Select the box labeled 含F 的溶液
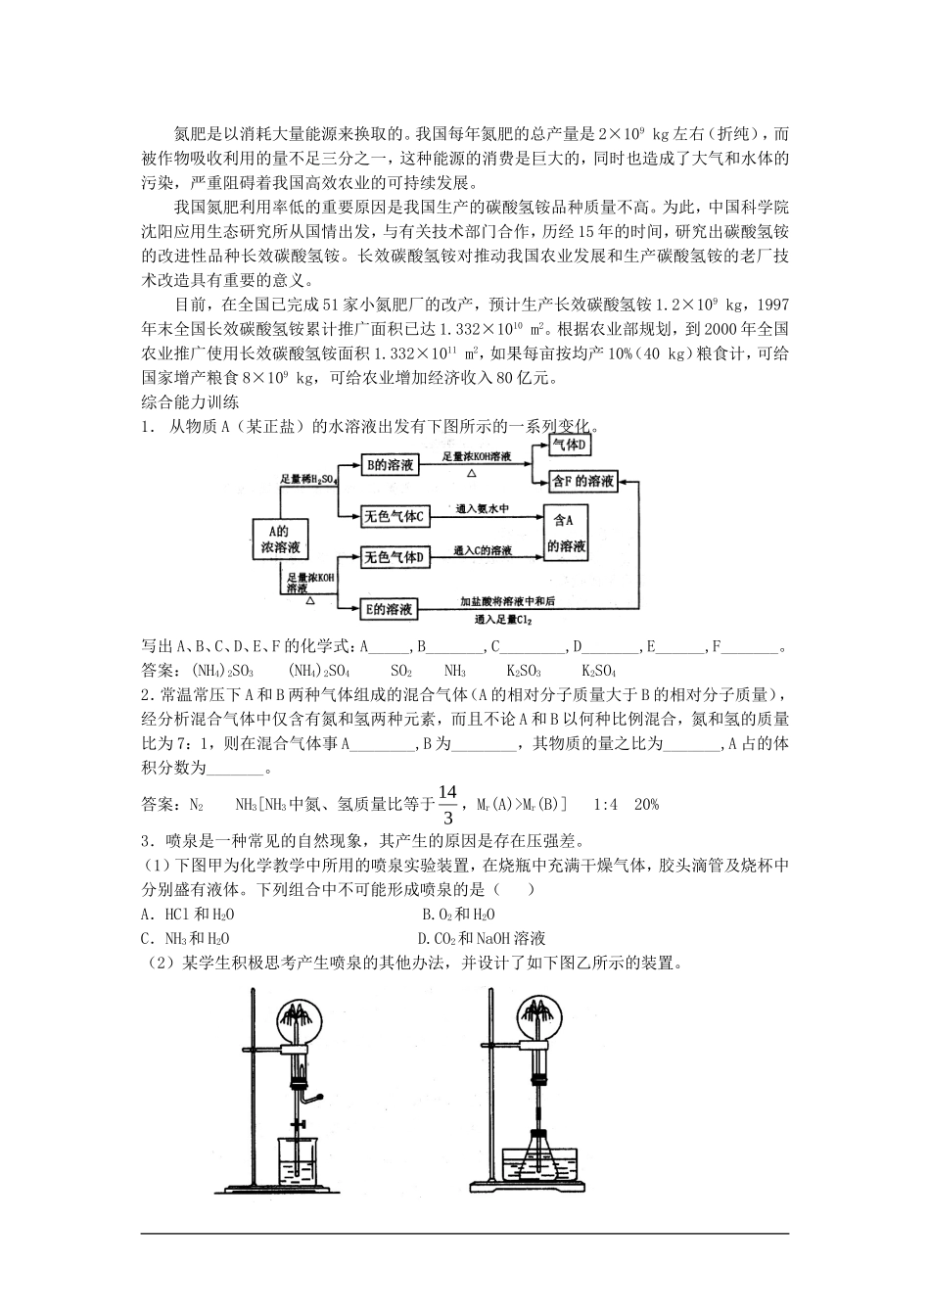coord(584,481)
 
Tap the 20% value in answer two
coord(647,805)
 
